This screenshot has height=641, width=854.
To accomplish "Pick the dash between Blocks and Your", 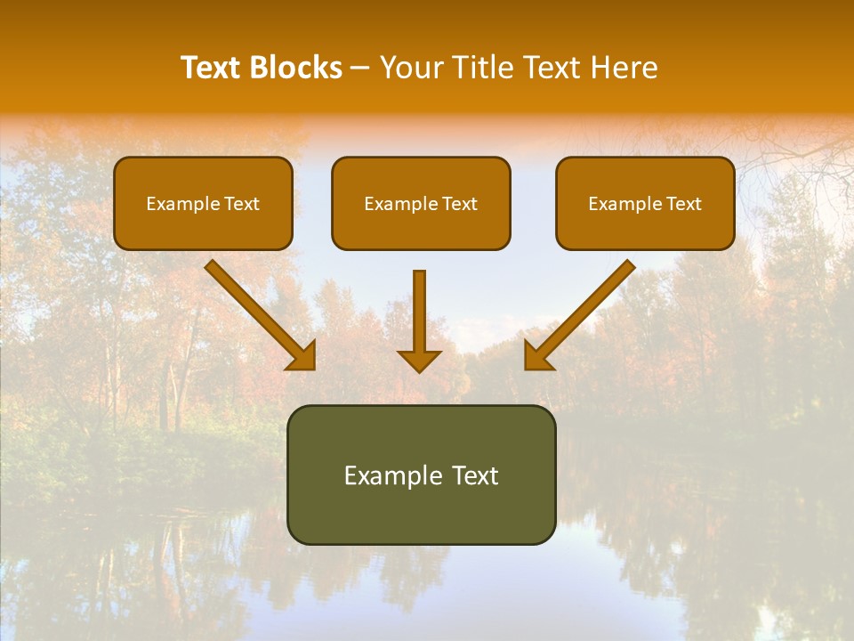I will pos(360,68).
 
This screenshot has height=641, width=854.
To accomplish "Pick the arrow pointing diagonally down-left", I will pos(583,312).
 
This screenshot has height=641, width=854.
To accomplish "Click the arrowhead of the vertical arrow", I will pos(419,360).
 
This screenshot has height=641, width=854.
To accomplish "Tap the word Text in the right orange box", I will pos(684,204).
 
